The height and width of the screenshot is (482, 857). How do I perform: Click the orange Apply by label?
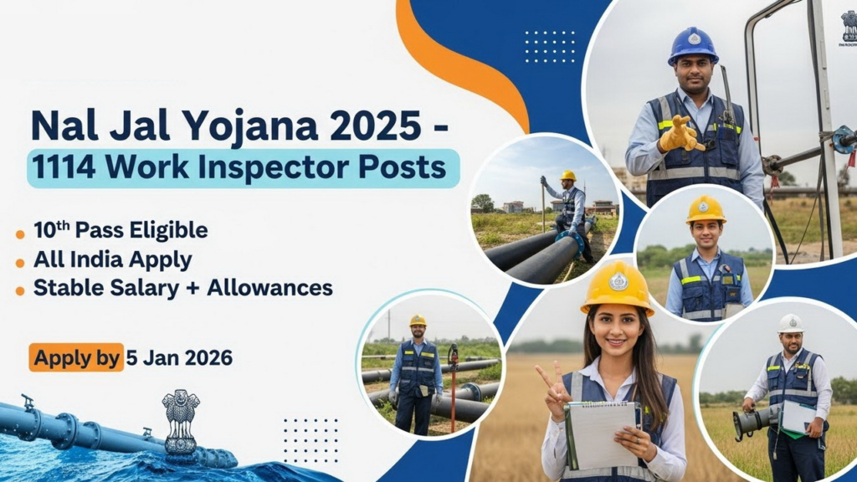click(76, 357)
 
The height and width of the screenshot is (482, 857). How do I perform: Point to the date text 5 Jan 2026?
click(179, 358)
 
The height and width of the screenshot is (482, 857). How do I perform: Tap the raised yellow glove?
click(680, 134)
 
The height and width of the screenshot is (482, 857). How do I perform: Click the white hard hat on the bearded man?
click(790, 323)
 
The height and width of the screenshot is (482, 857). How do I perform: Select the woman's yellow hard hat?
click(618, 286)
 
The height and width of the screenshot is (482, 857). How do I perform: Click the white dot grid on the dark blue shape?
click(550, 46)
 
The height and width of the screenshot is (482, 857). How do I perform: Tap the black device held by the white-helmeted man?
click(752, 421)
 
